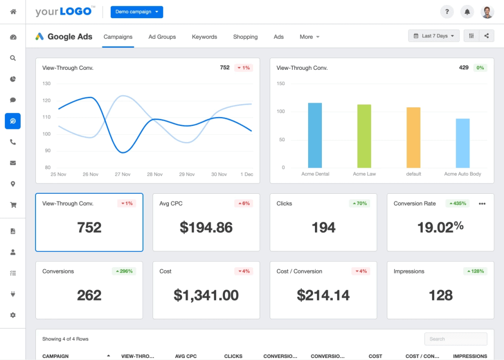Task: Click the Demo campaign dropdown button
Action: tap(137, 12)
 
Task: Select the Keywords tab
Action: tap(204, 37)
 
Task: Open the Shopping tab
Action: tap(245, 37)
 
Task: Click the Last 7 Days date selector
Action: tap(434, 36)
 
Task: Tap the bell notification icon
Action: tap(467, 12)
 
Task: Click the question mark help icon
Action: tap(447, 12)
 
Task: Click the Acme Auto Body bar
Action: tap(463, 143)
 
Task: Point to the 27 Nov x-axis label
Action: tap(123, 174)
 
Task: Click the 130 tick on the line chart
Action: tap(47, 84)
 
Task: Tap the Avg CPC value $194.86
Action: tap(206, 227)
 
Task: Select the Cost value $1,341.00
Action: tap(206, 295)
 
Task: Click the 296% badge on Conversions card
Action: tap(123, 271)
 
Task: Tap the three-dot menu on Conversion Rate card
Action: tap(482, 204)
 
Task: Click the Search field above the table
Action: tap(456, 339)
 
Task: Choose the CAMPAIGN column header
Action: tap(56, 356)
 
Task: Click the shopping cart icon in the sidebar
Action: tap(13, 205)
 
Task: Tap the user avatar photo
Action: tap(487, 12)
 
